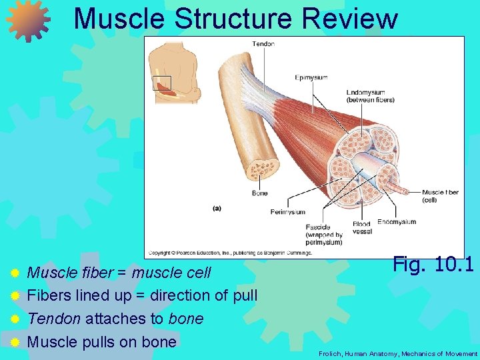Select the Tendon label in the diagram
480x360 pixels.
point(263,44)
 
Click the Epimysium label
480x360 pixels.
point(311,77)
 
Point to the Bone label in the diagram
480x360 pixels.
point(259,193)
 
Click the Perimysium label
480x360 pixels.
point(287,212)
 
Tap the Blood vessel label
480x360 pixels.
point(362,228)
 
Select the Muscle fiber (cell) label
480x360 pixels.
point(440,196)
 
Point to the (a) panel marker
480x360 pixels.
point(217,208)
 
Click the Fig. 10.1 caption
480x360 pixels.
point(433,264)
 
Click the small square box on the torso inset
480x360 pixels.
point(162,83)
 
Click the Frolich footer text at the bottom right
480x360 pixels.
point(398,353)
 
